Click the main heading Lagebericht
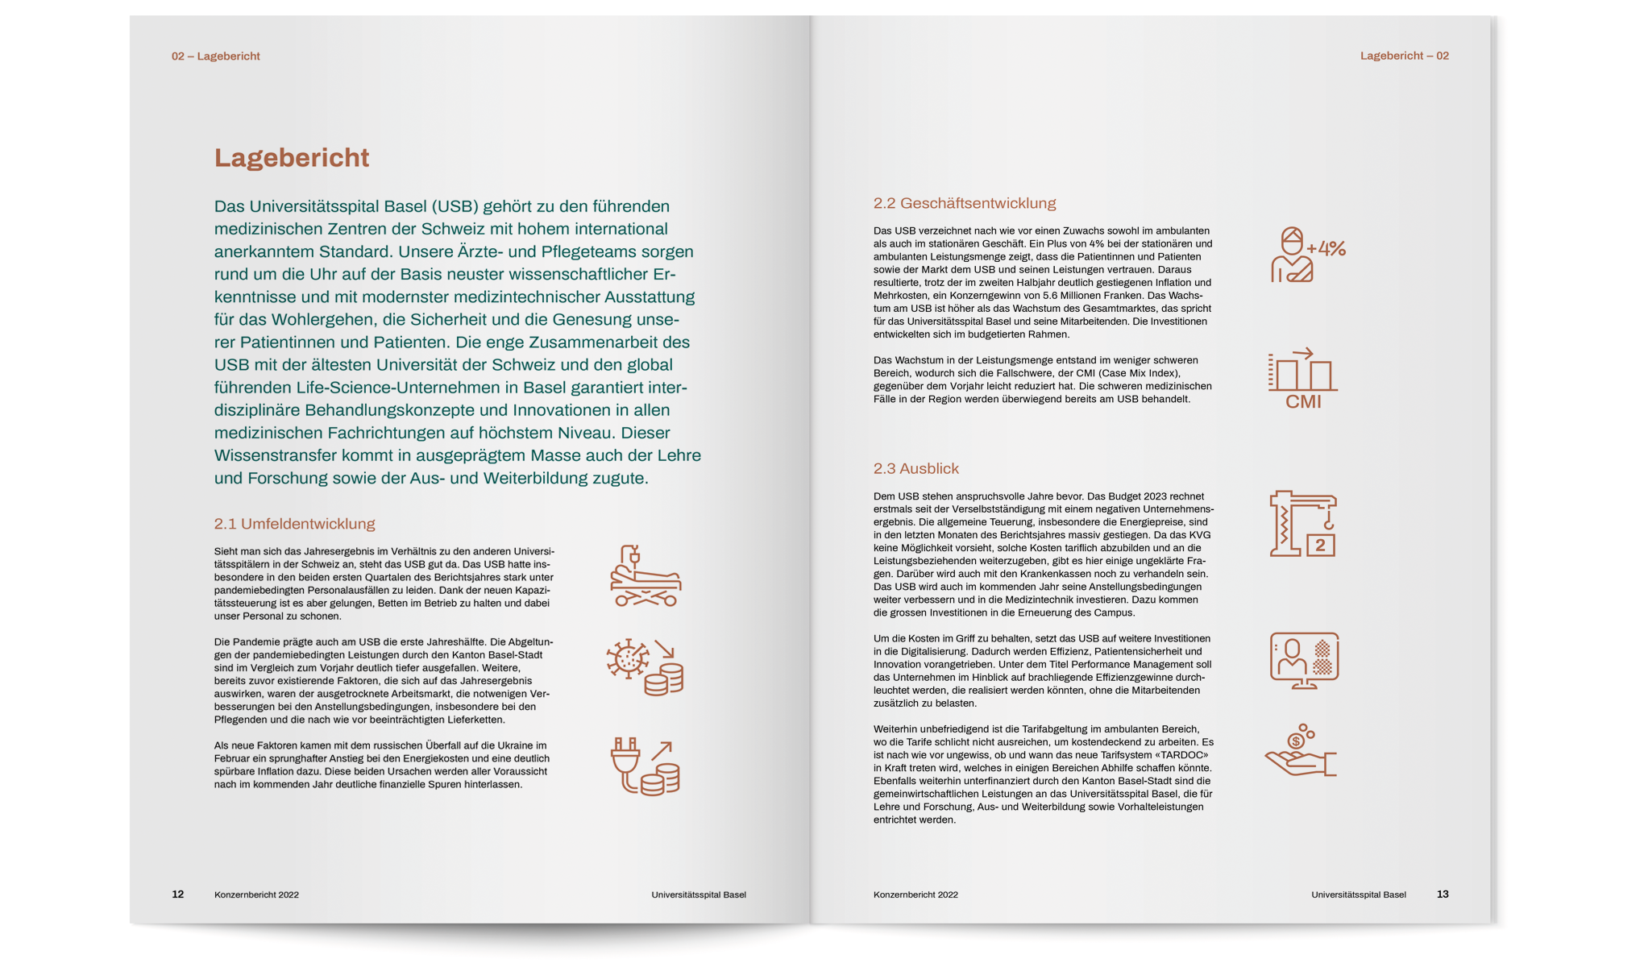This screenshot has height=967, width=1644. [x=291, y=158]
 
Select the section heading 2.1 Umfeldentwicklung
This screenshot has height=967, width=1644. [x=294, y=524]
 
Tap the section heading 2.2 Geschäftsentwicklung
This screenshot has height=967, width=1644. [x=964, y=203]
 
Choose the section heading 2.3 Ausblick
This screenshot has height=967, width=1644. [x=915, y=468]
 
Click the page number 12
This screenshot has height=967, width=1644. [x=178, y=894]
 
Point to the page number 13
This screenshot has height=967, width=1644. [x=1443, y=894]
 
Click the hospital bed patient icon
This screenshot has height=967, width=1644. [x=646, y=576]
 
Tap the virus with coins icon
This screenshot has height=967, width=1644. [x=645, y=667]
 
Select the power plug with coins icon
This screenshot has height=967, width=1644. [x=645, y=766]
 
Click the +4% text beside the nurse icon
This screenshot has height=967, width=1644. [x=1326, y=248]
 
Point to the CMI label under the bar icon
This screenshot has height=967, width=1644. [x=1303, y=401]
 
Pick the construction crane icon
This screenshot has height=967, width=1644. [x=1302, y=524]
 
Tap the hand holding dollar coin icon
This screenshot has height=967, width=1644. [x=1300, y=751]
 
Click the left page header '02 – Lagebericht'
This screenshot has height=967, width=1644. [x=215, y=56]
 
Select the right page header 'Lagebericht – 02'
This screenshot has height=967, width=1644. [x=1404, y=56]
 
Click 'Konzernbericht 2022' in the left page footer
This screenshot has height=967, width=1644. [x=256, y=894]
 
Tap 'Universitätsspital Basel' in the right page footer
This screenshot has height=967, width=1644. [x=1358, y=894]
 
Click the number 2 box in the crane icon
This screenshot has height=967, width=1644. [x=1320, y=546]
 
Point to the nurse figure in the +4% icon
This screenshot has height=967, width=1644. [x=1291, y=256]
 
